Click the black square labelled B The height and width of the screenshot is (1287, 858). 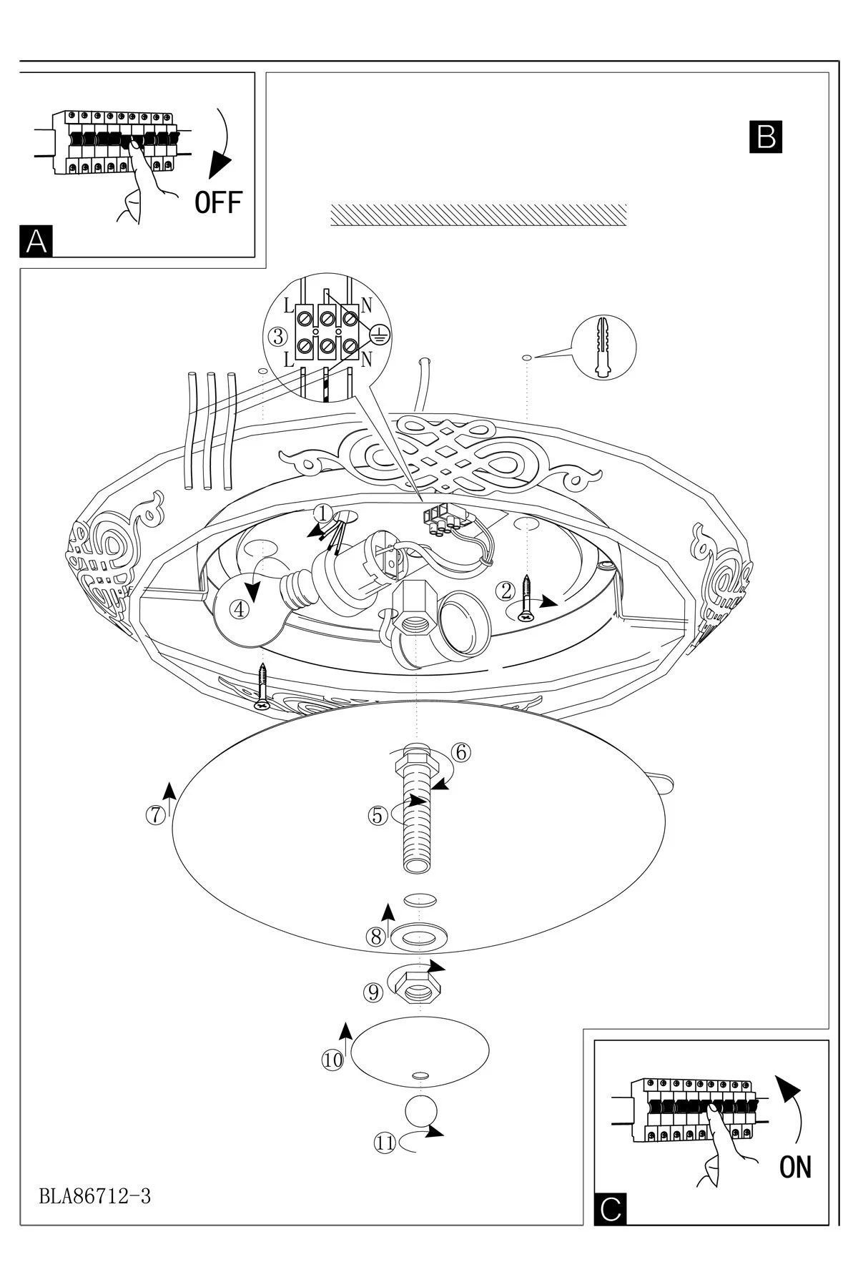pyautogui.click(x=765, y=137)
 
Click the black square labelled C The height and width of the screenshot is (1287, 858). pyautogui.click(x=610, y=1208)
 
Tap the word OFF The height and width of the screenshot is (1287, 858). pyautogui.click(x=219, y=203)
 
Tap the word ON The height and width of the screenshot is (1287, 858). pyautogui.click(x=795, y=1167)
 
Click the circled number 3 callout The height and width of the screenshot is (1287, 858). pyautogui.click(x=278, y=335)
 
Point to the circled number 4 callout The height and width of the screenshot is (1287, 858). pyautogui.click(x=240, y=609)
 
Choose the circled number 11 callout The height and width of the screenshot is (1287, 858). pyautogui.click(x=385, y=1143)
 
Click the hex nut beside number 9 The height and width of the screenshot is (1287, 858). pyautogui.click(x=418, y=986)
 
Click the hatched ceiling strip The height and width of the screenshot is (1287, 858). pyautogui.click(x=478, y=215)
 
